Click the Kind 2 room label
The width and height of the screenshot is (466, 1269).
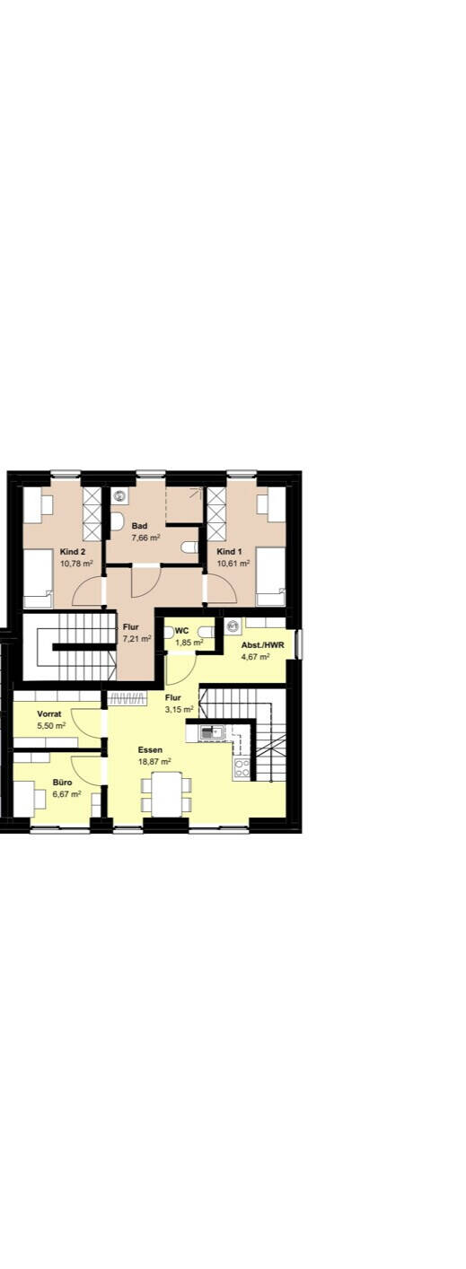(73, 551)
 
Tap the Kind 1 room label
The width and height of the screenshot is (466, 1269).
(230, 551)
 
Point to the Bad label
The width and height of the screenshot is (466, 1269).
(139, 526)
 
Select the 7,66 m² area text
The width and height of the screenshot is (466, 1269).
(145, 538)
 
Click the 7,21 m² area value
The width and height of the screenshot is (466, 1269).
(137, 638)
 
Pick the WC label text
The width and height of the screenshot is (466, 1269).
(181, 631)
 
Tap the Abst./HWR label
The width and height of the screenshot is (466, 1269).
(262, 645)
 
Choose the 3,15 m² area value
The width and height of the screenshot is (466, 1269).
(180, 709)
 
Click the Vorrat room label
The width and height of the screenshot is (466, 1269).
(49, 713)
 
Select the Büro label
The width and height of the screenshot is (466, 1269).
(62, 782)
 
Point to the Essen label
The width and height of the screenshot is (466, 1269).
(150, 749)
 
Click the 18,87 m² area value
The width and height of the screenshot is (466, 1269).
(154, 761)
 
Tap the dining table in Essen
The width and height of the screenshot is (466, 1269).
(166, 793)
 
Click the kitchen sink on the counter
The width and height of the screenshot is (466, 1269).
(210, 732)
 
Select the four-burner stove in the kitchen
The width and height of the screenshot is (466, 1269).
(242, 767)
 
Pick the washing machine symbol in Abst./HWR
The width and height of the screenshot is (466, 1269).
(232, 626)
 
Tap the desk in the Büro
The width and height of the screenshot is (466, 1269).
(24, 798)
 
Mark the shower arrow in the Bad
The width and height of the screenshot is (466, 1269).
(196, 493)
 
